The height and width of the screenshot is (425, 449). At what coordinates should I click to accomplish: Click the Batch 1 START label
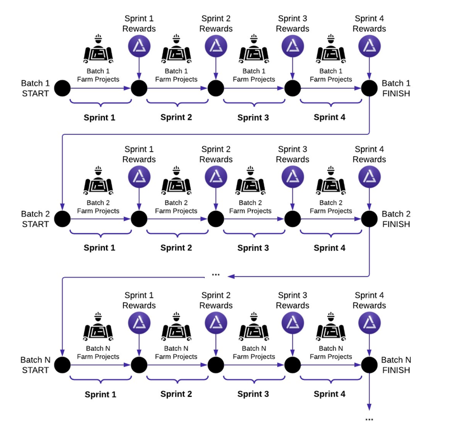point(35,88)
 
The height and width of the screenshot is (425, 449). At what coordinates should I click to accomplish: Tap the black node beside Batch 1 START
point(62,88)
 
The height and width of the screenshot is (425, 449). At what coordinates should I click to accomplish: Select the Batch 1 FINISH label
point(396,88)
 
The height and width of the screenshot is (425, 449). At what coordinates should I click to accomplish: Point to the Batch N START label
point(35,365)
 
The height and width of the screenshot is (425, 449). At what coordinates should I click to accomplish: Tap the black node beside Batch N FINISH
point(369,364)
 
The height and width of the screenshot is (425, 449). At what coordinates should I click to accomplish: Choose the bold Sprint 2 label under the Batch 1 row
point(176,117)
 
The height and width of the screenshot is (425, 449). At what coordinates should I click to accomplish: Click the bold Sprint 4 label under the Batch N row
point(330,394)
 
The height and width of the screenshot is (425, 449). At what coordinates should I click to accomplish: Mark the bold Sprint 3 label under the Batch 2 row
point(253,248)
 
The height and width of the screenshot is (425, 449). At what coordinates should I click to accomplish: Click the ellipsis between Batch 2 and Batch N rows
point(216,275)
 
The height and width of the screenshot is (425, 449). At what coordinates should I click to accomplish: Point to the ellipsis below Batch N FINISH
point(369,419)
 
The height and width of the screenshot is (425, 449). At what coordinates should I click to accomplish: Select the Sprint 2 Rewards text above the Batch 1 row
point(216,24)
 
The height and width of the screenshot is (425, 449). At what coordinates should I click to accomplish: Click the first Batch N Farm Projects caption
point(98,352)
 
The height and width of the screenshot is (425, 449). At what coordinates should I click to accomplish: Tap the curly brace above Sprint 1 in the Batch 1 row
point(100,103)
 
